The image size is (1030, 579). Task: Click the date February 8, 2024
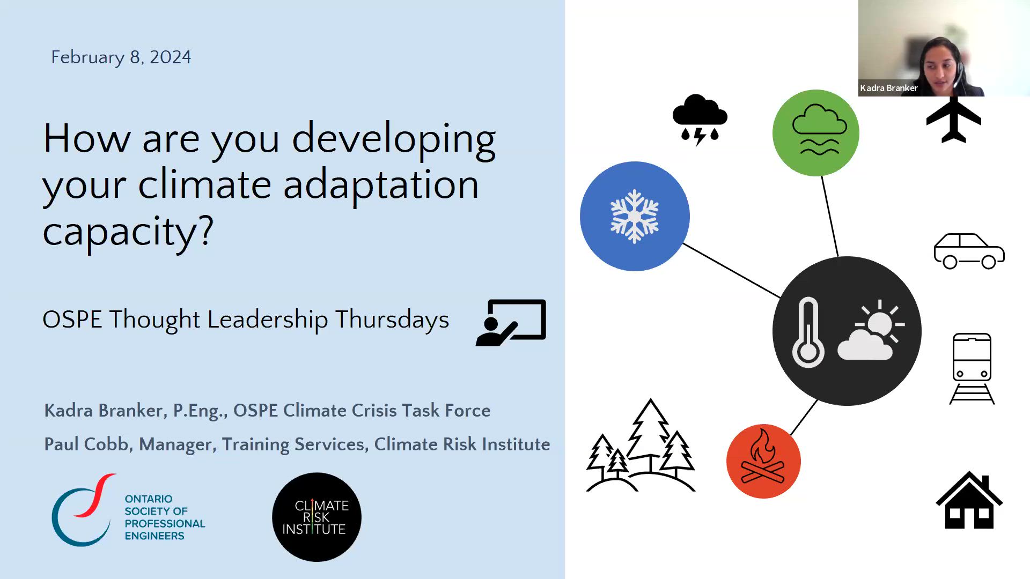click(x=121, y=57)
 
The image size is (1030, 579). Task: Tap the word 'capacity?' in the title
click(x=128, y=231)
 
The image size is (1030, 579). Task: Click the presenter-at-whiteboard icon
click(x=511, y=323)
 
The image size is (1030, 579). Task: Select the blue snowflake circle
click(x=635, y=216)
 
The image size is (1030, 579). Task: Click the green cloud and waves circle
click(x=816, y=133)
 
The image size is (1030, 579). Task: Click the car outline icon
click(x=969, y=251)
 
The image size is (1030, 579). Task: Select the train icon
click(x=972, y=368)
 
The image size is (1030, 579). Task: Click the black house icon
click(x=969, y=500)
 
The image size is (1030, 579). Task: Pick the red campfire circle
click(x=763, y=461)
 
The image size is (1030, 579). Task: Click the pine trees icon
click(x=641, y=445)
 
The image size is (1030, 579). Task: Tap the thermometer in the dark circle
click(x=808, y=332)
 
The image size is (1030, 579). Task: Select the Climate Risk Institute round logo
click(x=317, y=517)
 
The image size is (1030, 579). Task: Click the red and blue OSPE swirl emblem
click(x=84, y=510)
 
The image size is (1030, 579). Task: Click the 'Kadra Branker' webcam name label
click(x=888, y=88)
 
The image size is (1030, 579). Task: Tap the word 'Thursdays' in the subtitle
click(x=392, y=320)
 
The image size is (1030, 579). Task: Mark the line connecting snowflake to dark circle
click(x=732, y=270)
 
